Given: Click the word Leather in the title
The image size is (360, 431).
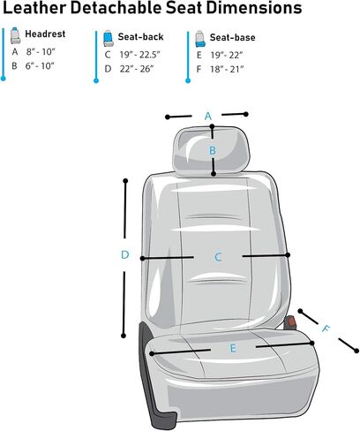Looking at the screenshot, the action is [x=34, y=7].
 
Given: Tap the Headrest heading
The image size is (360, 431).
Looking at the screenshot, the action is [x=45, y=34].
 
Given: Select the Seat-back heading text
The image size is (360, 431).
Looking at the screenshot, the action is [x=140, y=37].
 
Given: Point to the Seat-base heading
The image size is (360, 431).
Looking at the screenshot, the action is [x=232, y=37].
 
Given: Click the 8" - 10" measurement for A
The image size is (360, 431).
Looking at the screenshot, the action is [x=41, y=52].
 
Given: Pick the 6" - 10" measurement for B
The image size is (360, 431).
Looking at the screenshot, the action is [x=40, y=66].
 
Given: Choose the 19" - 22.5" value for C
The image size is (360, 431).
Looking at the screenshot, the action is [x=139, y=55].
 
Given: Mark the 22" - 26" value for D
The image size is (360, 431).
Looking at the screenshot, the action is [x=137, y=69].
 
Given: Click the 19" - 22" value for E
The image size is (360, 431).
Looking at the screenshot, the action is [x=227, y=56].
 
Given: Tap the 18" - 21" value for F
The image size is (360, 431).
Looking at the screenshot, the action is [x=227, y=70].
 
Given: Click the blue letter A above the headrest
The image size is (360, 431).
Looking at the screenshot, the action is [x=208, y=117].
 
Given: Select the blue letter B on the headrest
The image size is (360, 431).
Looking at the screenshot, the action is [x=213, y=151].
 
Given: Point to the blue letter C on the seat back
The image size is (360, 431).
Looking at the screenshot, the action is [x=218, y=257].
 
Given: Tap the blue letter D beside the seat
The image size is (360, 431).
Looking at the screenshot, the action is [x=125, y=254].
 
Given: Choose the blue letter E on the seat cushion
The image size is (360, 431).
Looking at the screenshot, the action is [x=233, y=349].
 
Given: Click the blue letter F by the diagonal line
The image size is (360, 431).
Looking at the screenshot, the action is [x=326, y=329].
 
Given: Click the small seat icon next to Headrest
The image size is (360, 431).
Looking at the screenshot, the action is [x=15, y=35].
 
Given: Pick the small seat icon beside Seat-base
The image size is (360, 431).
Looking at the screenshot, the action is [x=200, y=39].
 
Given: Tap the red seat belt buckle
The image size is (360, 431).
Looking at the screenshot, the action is [x=291, y=321].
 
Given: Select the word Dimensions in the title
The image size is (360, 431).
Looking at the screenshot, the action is [x=254, y=7].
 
